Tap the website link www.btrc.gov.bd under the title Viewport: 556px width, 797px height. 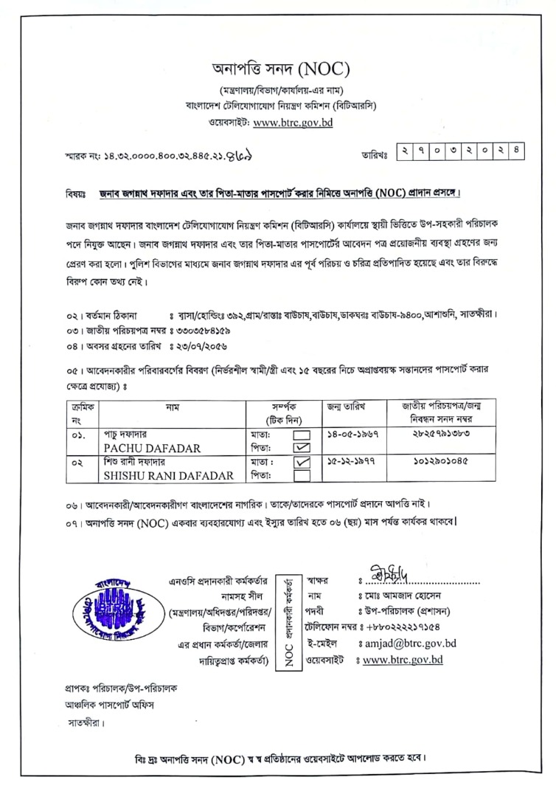click(292, 123)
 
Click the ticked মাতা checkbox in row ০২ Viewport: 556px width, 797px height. click(302, 463)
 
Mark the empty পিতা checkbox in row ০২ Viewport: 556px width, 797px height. click(302, 476)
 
